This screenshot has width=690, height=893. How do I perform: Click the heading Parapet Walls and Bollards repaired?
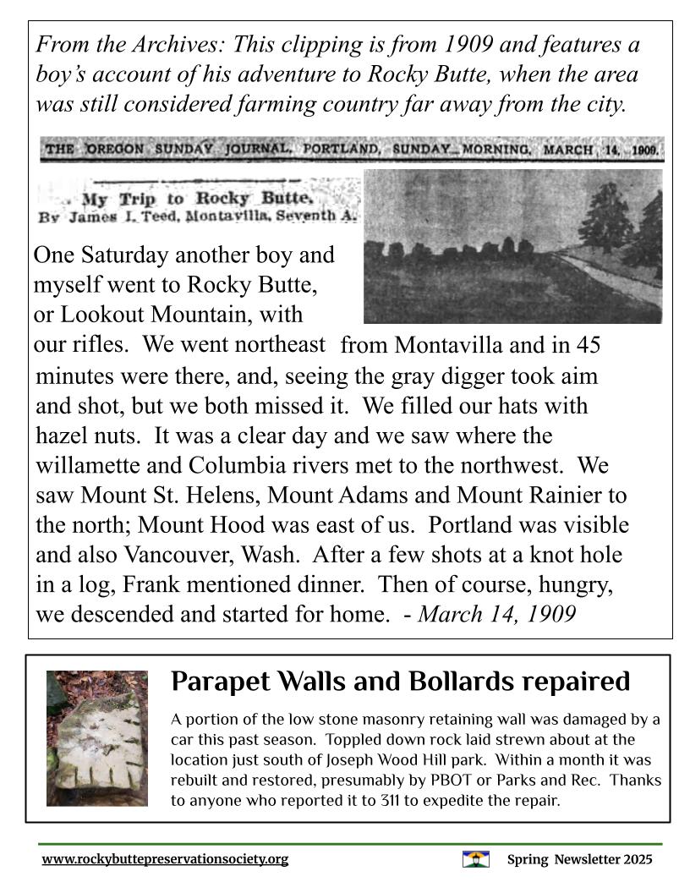point(400,682)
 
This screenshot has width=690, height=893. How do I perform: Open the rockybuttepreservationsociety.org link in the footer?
point(165,859)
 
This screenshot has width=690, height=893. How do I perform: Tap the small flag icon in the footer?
point(476,859)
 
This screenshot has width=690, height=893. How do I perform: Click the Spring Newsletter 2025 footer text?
point(579,859)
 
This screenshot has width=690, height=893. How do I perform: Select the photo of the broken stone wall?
point(96,737)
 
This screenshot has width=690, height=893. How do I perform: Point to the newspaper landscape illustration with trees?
point(512,246)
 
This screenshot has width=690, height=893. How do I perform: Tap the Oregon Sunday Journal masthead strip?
point(352,151)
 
